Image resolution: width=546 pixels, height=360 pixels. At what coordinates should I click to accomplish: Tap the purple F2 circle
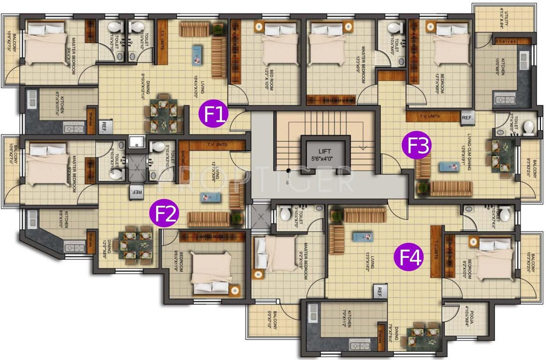pyautogui.click(x=164, y=214)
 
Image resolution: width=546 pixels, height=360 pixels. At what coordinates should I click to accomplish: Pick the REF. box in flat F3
pyautogui.click(x=468, y=117)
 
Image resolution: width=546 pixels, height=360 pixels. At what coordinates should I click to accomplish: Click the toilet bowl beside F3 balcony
pyautogui.click(x=528, y=127)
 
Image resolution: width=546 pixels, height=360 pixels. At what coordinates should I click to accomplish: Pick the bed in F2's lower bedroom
pyautogui.click(x=210, y=275)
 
